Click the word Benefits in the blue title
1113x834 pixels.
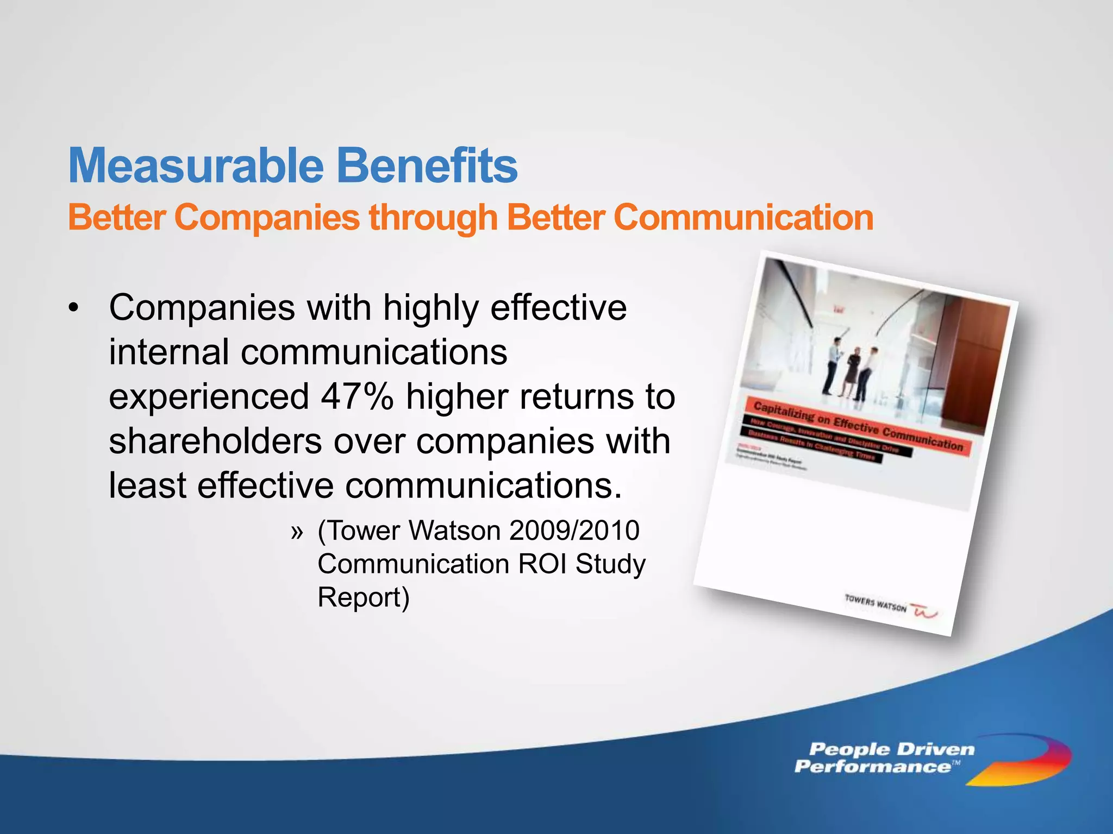coord(427,166)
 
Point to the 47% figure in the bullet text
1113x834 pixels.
coord(357,396)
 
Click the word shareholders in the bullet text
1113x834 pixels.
coord(215,441)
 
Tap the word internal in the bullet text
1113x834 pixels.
coord(168,352)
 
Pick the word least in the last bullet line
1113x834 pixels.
coord(147,485)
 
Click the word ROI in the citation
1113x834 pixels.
coord(543,564)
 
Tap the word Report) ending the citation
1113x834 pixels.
coord(363,597)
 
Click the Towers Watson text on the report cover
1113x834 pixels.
coord(876,603)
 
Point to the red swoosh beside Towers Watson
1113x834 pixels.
coord(924,611)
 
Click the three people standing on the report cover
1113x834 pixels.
coord(851,369)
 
